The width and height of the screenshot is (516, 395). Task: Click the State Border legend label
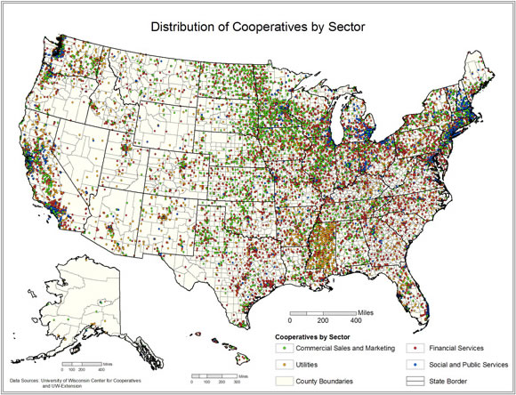447,381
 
